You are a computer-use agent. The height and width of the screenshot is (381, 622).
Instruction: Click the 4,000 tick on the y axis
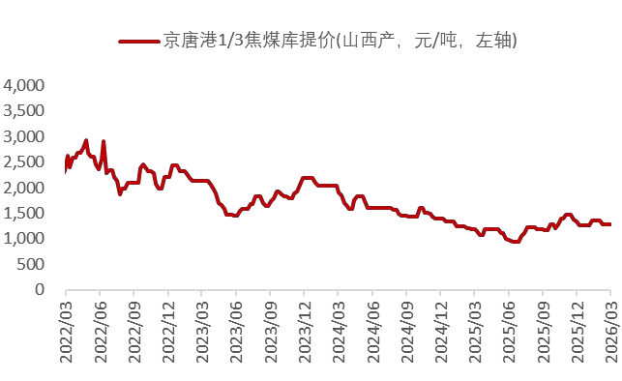[25, 86]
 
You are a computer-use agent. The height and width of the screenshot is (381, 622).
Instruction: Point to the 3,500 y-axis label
[25, 111]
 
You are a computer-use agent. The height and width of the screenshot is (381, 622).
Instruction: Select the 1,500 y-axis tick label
[25, 213]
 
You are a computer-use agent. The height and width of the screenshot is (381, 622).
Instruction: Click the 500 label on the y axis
[32, 264]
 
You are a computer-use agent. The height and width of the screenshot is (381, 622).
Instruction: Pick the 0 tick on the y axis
[41, 289]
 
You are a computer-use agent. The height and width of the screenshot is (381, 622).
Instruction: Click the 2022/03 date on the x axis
[66, 329]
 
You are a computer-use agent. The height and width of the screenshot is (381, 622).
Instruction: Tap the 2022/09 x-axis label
[134, 329]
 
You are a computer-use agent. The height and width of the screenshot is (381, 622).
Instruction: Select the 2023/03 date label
[202, 329]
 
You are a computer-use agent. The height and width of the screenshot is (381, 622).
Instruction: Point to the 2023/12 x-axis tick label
[305, 329]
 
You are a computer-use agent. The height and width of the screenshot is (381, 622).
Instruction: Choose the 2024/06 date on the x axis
[372, 329]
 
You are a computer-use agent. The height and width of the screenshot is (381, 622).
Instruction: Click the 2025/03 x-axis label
[475, 329]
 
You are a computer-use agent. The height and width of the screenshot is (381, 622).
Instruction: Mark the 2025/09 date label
[543, 329]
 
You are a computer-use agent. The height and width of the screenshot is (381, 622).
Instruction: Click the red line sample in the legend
[138, 42]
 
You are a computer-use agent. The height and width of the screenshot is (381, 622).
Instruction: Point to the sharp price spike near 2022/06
[104, 142]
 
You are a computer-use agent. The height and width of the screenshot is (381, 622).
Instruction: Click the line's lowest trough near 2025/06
[515, 242]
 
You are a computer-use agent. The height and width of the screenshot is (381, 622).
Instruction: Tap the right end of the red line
[610, 224]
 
